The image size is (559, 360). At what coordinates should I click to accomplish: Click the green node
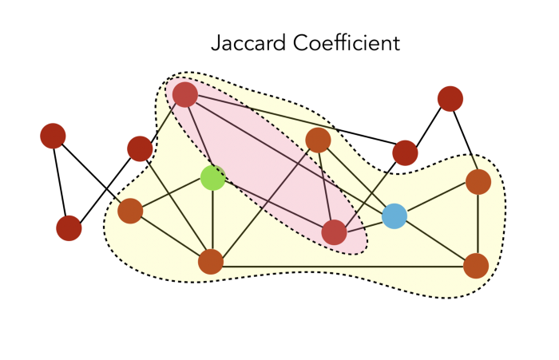[x=212, y=178]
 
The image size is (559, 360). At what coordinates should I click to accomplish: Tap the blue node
[x=394, y=216]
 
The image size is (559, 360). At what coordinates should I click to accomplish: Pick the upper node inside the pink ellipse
[x=185, y=95]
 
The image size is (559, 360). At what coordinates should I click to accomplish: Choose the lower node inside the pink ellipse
[x=334, y=232]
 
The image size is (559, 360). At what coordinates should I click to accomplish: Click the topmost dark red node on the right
[x=450, y=98]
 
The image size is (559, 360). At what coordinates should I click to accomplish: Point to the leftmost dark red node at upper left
[x=53, y=136]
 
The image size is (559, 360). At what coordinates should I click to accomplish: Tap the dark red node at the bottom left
[x=69, y=228]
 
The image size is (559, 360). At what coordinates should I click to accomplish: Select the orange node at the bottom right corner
[x=475, y=265]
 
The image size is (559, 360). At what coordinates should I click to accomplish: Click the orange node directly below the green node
[x=210, y=261]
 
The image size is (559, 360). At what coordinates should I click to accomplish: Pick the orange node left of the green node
[x=129, y=212]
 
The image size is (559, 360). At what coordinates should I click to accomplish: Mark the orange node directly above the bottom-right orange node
[x=478, y=182]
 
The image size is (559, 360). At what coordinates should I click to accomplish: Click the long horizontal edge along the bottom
[x=343, y=264]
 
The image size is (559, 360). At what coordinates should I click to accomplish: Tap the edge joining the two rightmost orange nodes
[x=477, y=224]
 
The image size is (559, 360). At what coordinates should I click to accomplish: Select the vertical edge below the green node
[x=212, y=220]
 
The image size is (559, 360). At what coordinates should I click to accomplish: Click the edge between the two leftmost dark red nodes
[x=61, y=182]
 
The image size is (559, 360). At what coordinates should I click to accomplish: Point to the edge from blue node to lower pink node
[x=364, y=224]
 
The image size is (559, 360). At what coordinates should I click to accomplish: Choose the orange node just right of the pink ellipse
[x=318, y=140]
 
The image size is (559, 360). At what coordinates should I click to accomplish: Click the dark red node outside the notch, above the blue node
[x=405, y=152]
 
